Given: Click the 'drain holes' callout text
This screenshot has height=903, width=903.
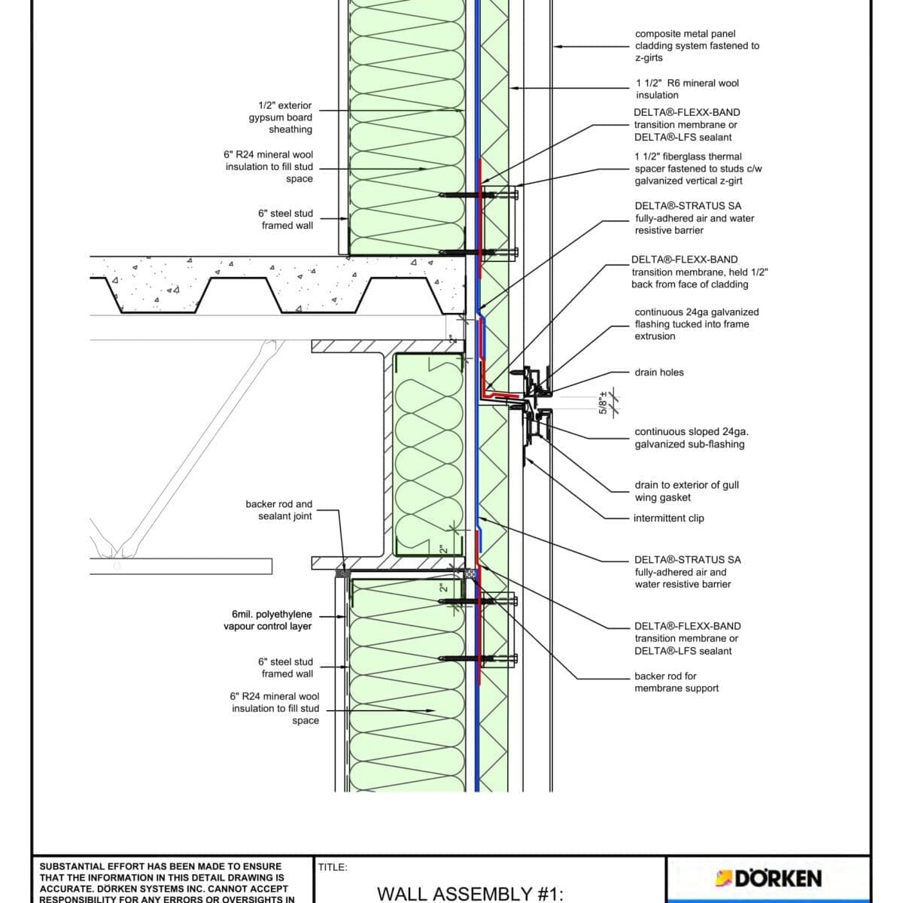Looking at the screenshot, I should tap(659, 372).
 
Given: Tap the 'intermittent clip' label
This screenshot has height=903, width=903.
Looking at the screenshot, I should tap(669, 518).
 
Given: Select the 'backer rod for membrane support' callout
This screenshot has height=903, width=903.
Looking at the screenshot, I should tap(676, 682).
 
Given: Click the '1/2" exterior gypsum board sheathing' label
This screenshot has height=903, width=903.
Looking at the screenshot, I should tap(281, 117).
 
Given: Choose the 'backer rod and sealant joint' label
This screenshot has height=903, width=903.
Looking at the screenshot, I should tap(278, 510).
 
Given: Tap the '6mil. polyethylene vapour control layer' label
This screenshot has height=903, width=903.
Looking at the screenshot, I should tap(267, 620).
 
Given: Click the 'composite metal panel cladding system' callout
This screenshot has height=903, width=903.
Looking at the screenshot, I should tap(697, 45).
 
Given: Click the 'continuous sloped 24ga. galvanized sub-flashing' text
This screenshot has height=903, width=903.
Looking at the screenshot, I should tap(691, 438).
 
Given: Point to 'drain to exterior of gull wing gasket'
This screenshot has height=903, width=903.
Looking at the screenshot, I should tap(686, 491).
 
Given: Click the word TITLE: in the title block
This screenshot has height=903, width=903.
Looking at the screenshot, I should tap(333, 867).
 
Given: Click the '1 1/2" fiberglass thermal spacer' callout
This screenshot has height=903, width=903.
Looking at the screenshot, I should tap(698, 169).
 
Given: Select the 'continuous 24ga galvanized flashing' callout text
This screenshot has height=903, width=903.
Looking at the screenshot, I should tap(696, 324).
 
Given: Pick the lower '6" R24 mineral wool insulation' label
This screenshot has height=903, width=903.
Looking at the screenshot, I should tap(275, 708).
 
